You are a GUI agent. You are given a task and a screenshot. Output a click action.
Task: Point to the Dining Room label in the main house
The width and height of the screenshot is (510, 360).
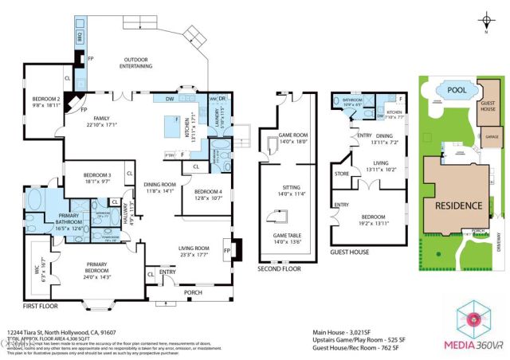click(160, 186)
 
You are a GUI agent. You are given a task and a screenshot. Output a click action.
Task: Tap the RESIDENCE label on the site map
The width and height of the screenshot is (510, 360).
click(458, 205)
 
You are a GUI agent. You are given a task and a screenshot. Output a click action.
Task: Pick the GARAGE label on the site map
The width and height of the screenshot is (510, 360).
click(492, 138)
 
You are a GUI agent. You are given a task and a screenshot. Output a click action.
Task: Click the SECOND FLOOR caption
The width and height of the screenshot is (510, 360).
click(277, 269)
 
